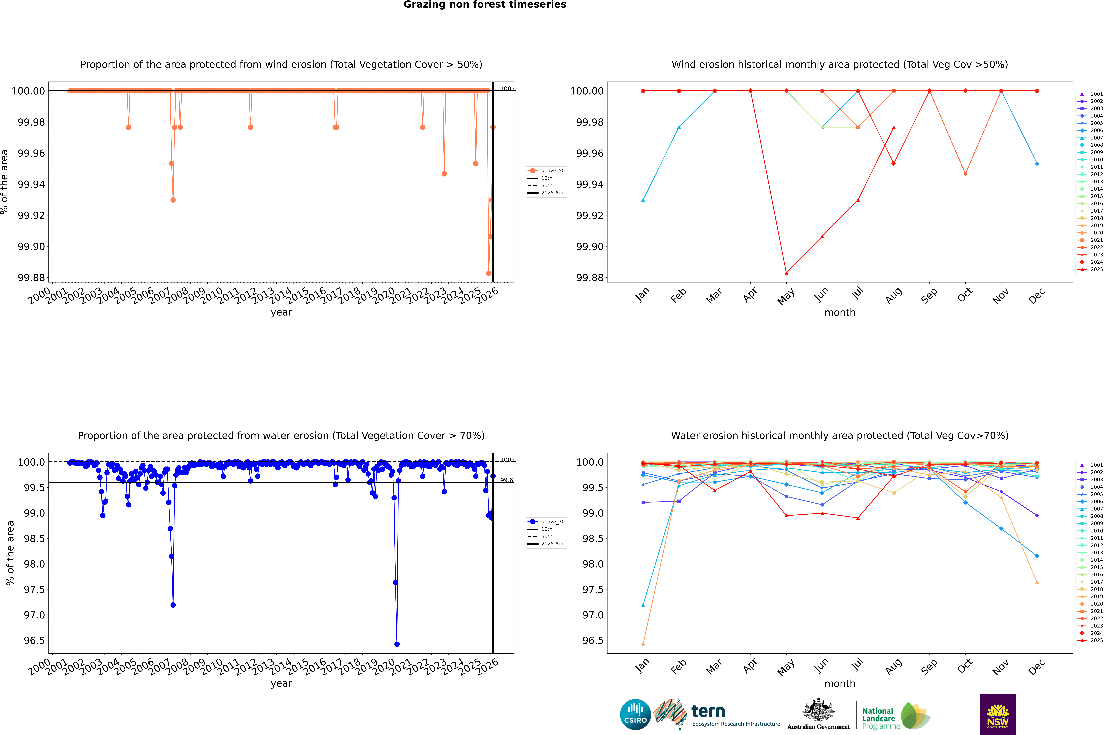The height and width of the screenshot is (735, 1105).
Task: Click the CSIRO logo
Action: (x=635, y=714)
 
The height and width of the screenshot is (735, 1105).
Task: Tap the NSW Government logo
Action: (x=998, y=714)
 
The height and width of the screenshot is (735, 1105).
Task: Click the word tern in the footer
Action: (x=708, y=712)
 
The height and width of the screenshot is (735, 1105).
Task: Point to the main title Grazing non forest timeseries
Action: (x=485, y=5)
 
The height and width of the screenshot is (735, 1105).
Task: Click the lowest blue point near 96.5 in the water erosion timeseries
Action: (x=397, y=644)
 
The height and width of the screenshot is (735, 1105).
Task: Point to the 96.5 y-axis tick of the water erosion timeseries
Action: (x=35, y=640)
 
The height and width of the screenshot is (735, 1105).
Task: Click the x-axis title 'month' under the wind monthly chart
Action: (x=839, y=313)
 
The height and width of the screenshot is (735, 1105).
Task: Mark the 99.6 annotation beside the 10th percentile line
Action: (x=506, y=480)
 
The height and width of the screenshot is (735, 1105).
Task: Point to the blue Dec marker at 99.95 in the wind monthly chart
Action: (x=1037, y=164)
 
